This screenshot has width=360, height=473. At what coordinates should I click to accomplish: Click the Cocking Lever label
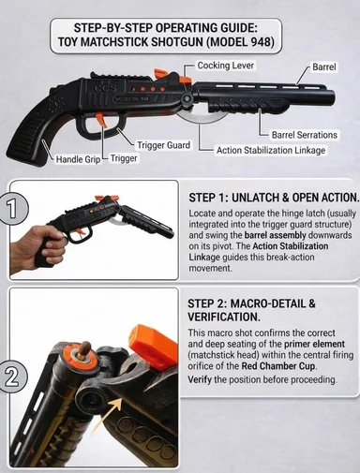click(226, 66)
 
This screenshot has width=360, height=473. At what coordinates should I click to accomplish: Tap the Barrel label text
click(324, 67)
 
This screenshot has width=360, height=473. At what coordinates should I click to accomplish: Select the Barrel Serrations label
click(305, 135)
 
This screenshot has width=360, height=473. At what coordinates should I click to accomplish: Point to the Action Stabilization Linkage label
click(271, 150)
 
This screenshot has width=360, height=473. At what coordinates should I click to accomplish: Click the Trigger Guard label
click(164, 145)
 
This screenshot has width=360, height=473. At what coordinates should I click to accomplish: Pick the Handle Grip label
click(78, 159)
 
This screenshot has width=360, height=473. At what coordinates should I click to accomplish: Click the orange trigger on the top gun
click(101, 120)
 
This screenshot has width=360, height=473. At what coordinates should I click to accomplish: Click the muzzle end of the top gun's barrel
click(331, 97)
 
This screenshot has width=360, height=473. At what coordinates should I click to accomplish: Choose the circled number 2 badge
click(12, 377)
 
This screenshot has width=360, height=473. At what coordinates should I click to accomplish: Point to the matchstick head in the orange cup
click(84, 347)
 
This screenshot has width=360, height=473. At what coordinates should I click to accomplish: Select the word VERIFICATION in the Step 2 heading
click(224, 317)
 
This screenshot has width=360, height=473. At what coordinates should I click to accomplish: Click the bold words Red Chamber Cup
click(278, 366)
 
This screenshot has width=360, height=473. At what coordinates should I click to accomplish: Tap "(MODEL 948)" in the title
click(240, 41)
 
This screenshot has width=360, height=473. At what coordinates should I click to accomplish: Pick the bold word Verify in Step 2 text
click(200, 380)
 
